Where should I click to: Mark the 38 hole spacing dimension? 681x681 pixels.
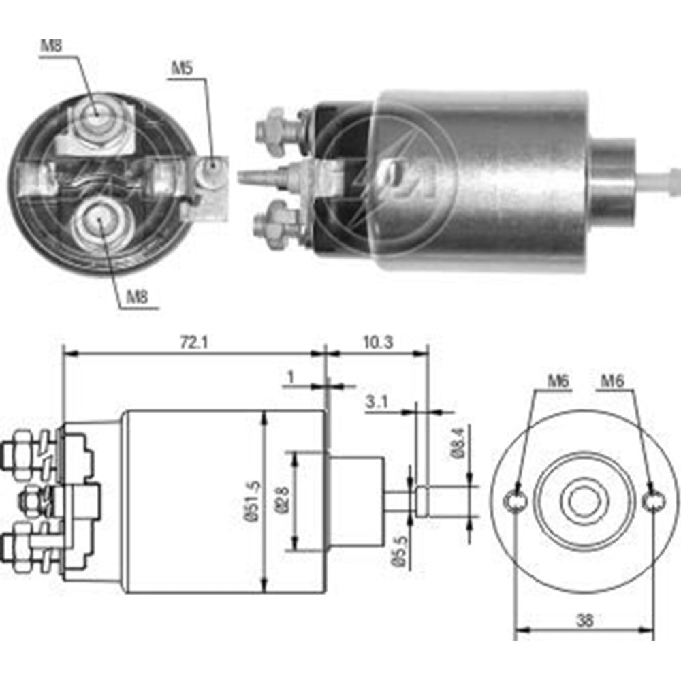[x=584, y=620]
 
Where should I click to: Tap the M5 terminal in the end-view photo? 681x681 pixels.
[x=213, y=165]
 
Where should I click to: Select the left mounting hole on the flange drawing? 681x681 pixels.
[x=516, y=502]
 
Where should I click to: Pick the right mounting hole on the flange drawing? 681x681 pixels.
[x=654, y=502]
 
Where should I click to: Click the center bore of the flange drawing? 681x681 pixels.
[x=584, y=503]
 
